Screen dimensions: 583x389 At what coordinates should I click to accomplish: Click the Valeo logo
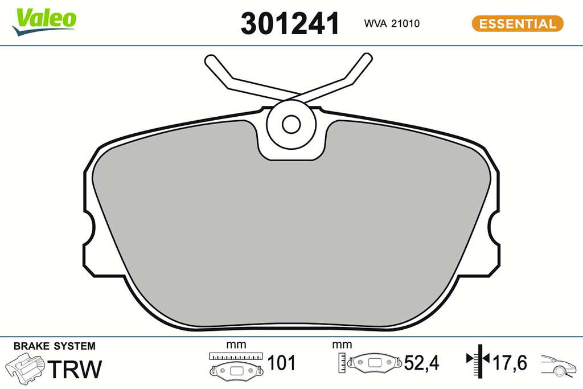tap(44, 22)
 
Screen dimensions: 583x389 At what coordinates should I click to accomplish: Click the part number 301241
tap(290, 23)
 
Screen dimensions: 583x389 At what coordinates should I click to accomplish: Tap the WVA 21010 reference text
tap(392, 23)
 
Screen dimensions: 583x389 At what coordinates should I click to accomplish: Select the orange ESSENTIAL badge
tap(518, 23)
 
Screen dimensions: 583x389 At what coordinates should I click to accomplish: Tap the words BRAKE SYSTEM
tap(54, 346)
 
